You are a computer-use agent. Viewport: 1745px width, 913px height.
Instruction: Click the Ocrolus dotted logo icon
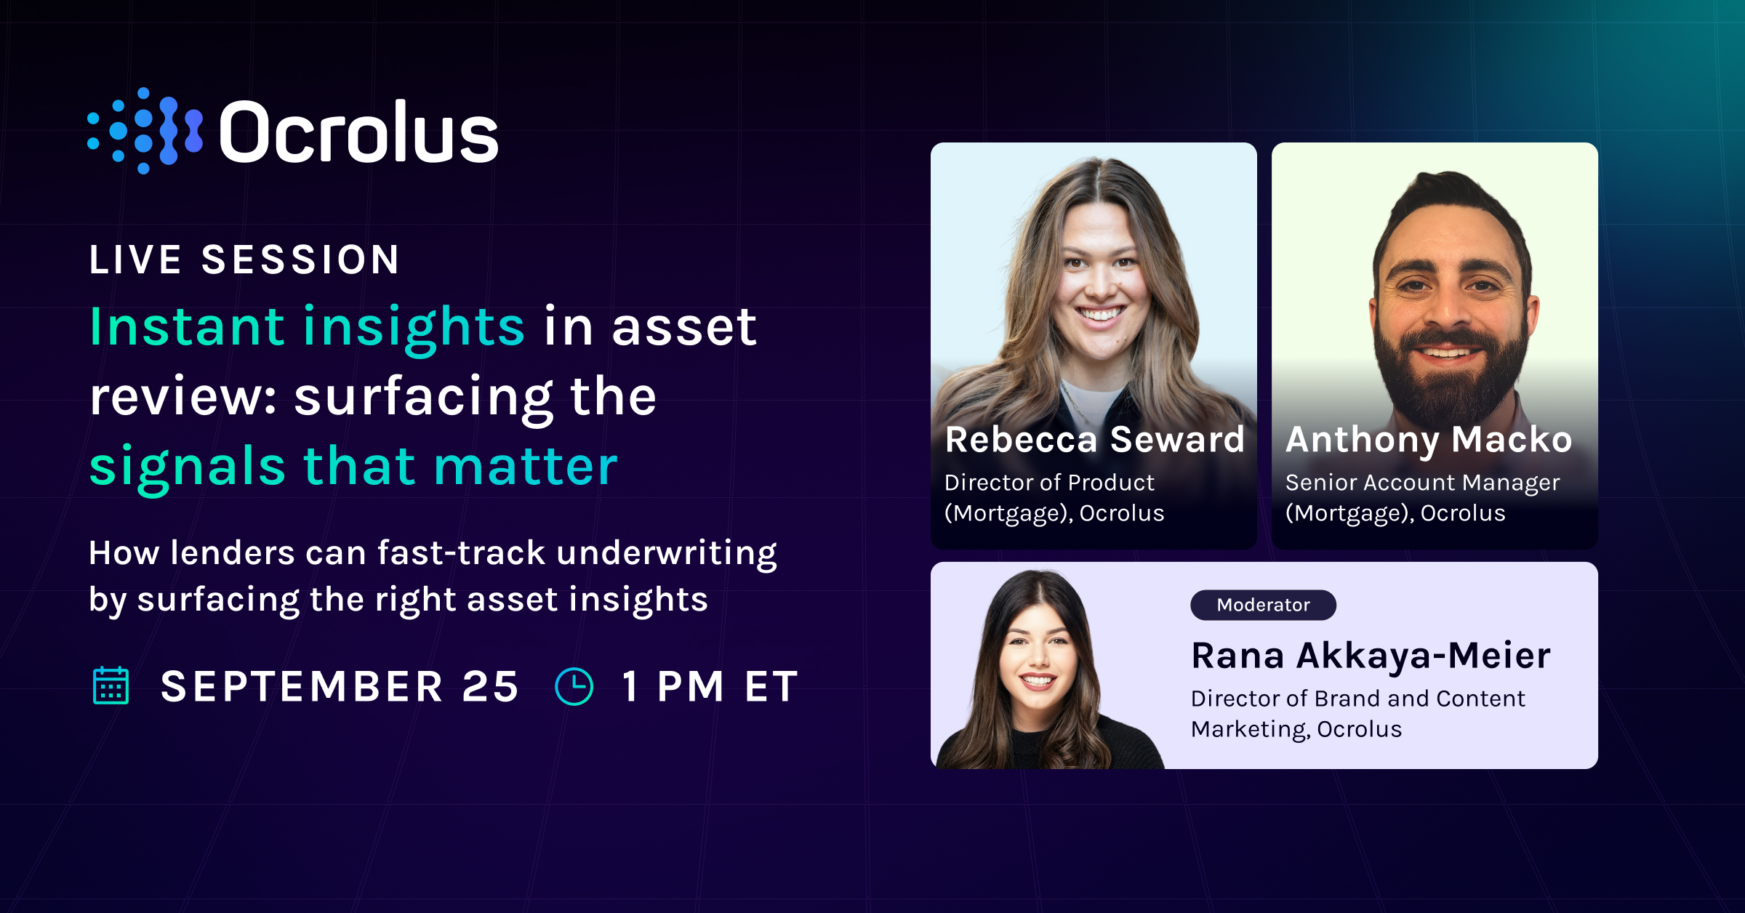tap(145, 131)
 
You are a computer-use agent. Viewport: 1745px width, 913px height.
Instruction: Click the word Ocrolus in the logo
tap(358, 132)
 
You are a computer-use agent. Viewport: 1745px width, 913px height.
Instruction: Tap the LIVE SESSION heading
tap(244, 260)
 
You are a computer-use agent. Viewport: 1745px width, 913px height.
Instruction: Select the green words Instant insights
tap(306, 326)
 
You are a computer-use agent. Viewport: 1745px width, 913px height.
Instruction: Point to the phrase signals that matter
tap(353, 466)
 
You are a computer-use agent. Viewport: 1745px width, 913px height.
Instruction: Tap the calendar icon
tap(111, 685)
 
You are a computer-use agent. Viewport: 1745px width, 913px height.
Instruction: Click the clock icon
tap(574, 686)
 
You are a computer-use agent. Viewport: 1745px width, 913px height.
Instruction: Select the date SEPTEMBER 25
tap(340, 686)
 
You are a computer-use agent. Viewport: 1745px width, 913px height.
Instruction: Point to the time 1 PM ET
tap(710, 686)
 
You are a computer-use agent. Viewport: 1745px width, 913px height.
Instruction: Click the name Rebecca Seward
tap(1094, 439)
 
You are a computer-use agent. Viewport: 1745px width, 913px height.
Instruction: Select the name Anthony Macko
tap(1429, 439)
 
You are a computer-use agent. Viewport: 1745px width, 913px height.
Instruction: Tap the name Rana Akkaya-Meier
tap(1371, 655)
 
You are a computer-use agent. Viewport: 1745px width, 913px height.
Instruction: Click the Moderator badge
tap(1263, 605)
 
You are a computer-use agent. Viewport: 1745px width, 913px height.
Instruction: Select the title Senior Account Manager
tap(1422, 483)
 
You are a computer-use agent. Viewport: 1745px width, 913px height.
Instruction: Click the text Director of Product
tap(1049, 483)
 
